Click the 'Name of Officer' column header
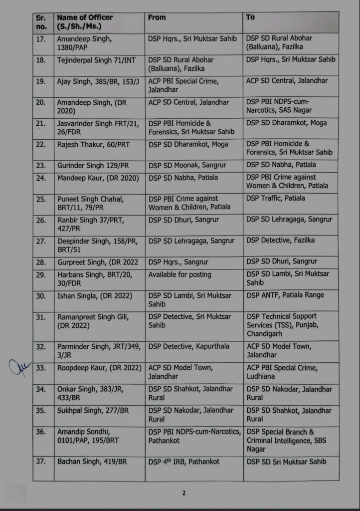click(x=85, y=21)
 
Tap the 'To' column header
click(x=250, y=17)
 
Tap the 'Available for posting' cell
click(x=180, y=274)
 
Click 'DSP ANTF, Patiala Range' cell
click(x=285, y=295)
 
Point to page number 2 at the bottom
click(x=183, y=494)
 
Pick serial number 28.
click(x=41, y=261)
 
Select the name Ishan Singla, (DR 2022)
click(x=94, y=295)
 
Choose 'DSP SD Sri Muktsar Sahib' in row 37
click(x=287, y=462)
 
